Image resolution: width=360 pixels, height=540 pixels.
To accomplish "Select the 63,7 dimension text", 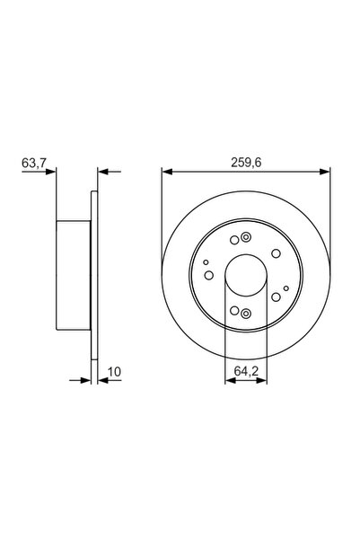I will pos(32,163).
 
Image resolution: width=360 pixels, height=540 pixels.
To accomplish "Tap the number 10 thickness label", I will pos(114,371).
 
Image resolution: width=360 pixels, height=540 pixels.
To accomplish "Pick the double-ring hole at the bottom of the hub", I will pos(246,314).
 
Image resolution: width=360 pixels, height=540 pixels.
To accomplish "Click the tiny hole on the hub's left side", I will pos(206,263).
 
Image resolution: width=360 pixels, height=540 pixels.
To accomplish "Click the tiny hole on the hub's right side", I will pos(285,288).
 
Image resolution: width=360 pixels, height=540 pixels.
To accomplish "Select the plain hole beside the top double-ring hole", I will pos(233,239).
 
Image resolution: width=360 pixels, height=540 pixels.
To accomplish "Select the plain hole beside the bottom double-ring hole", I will pos(233,311).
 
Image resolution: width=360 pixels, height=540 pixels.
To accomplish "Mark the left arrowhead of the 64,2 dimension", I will pos(228,381).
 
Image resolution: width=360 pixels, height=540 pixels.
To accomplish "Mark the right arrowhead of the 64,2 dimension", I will pos(264,381).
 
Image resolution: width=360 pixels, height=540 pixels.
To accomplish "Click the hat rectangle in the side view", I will pos(75,274).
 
